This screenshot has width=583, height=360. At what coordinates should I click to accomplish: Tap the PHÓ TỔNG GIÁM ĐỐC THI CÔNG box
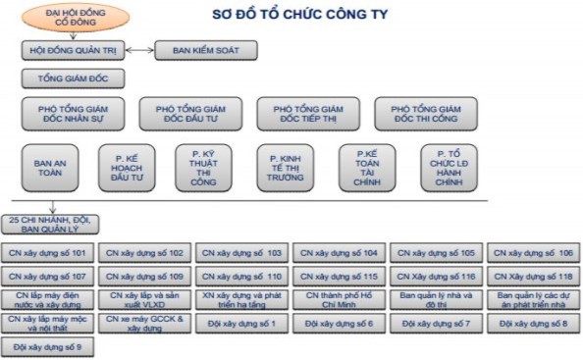click(x=425, y=115)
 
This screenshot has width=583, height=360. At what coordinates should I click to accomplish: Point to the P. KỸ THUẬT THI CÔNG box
click(x=203, y=168)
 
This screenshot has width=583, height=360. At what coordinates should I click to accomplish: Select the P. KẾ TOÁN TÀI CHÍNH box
click(x=367, y=168)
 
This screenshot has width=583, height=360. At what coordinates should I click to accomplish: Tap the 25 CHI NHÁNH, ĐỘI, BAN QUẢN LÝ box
click(x=48, y=224)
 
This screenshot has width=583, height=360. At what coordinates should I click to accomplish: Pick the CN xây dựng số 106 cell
click(x=534, y=252)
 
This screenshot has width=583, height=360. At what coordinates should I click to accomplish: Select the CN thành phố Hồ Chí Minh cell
click(x=339, y=298)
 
